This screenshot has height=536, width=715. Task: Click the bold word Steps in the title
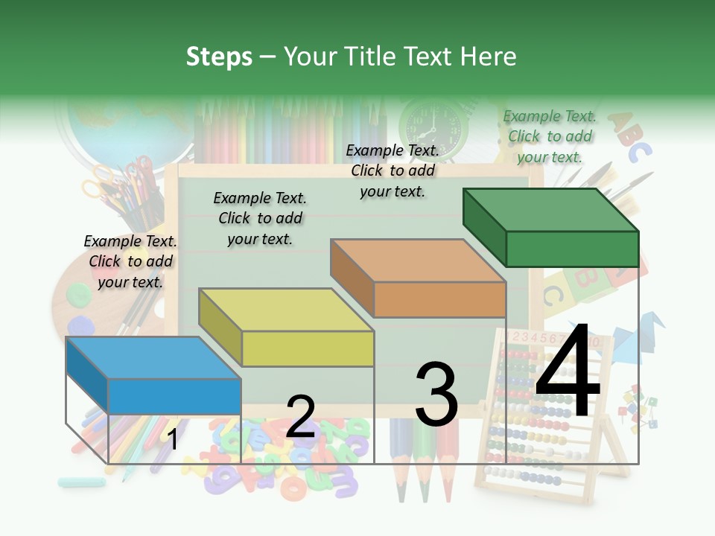[x=219, y=57]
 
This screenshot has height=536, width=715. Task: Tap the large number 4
[x=568, y=372]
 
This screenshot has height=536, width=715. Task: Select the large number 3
[x=436, y=395]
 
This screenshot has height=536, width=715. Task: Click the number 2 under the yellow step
[x=300, y=417]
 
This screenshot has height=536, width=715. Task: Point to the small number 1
[x=172, y=439]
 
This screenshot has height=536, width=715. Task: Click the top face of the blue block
[x=153, y=357]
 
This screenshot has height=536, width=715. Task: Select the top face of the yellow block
[x=285, y=309]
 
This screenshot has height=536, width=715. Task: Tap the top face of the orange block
[x=418, y=261]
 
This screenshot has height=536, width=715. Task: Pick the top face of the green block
[x=550, y=209]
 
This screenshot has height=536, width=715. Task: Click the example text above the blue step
[x=130, y=261]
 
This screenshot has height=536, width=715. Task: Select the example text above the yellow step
[x=260, y=218]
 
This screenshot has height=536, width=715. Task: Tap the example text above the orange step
[x=393, y=170]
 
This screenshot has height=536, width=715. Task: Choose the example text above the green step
[x=550, y=136]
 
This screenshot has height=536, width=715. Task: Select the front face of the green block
[x=572, y=249]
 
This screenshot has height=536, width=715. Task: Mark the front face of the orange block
[x=439, y=299]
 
